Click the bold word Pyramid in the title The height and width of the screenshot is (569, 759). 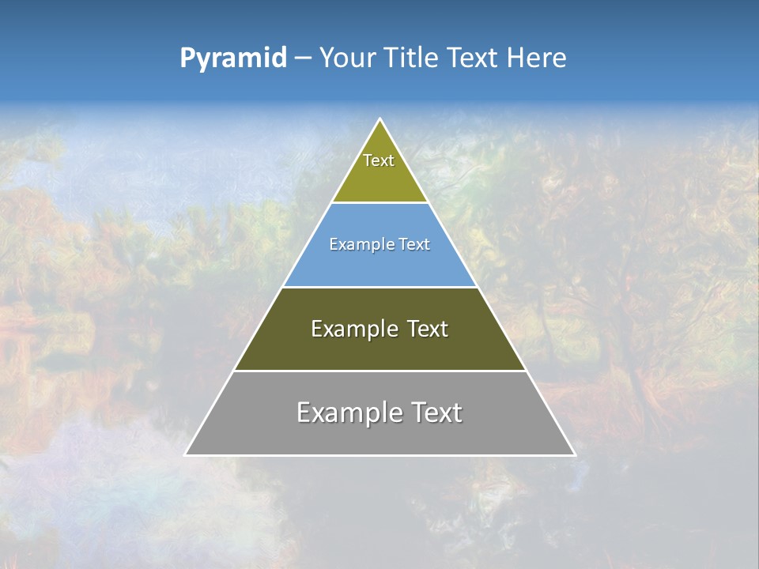point(232,58)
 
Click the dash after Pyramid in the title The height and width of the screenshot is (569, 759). point(302,58)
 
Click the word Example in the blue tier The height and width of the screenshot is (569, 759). point(357,245)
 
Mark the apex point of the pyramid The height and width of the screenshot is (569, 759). point(379,120)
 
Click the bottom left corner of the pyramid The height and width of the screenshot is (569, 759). point(186,454)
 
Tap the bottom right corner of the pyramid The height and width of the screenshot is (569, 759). point(574,454)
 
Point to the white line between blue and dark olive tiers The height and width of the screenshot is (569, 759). point(379,287)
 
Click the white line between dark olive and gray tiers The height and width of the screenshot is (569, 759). point(379,371)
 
